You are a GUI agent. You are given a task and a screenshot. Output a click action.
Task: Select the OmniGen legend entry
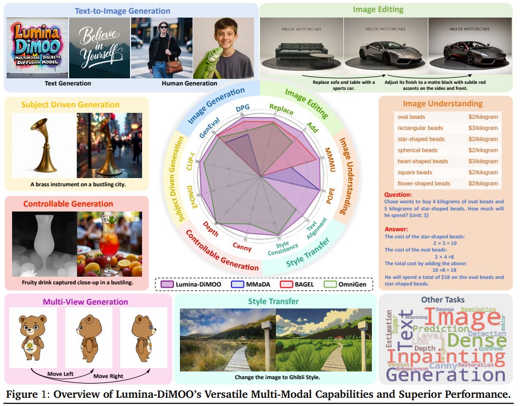click(351, 284)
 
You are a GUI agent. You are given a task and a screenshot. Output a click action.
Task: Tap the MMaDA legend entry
click(250, 284)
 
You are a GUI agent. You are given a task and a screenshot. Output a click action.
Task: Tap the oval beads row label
click(411, 117)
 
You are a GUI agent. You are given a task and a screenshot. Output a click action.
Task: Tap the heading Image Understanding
click(443, 103)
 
